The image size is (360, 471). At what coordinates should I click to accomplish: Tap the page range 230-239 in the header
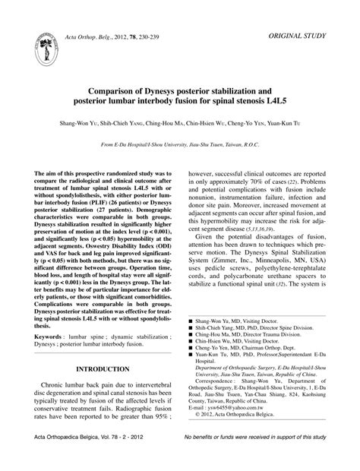click(x=167, y=48)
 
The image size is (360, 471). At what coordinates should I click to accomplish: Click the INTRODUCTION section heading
click(x=100, y=370)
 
